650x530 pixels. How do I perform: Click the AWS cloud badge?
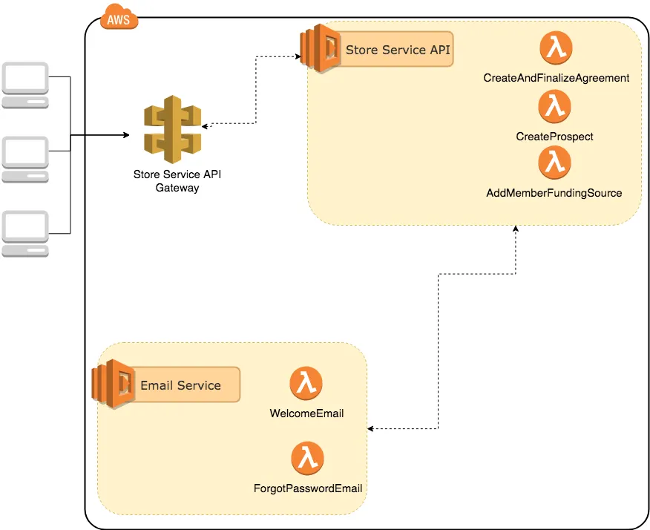pyautogui.click(x=119, y=17)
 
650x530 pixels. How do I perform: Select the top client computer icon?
pyautogui.click(x=25, y=85)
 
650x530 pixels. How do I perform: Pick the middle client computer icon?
pyautogui.click(x=25, y=160)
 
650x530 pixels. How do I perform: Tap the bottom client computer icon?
pyautogui.click(x=25, y=234)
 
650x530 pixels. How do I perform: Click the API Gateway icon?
pyautogui.click(x=172, y=129)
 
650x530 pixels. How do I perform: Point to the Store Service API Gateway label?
pyautogui.click(x=177, y=181)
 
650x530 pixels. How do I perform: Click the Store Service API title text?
pyautogui.click(x=398, y=50)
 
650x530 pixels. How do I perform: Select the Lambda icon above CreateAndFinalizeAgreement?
pyautogui.click(x=556, y=48)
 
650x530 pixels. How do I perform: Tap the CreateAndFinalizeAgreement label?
pyautogui.click(x=557, y=78)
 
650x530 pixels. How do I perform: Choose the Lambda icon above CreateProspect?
pyautogui.click(x=555, y=107)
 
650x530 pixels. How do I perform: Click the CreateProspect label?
pyautogui.click(x=555, y=137)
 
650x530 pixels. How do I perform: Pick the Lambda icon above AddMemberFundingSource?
pyautogui.click(x=555, y=163)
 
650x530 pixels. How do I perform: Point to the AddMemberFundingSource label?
pyautogui.click(x=554, y=193)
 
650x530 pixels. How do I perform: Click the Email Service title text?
pyautogui.click(x=181, y=385)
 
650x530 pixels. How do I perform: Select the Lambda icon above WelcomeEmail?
pyautogui.click(x=306, y=383)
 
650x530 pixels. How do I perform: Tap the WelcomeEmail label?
pyautogui.click(x=306, y=413)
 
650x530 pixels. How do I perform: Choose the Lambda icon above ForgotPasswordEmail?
pyautogui.click(x=308, y=458)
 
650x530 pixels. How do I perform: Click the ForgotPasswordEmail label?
pyautogui.click(x=308, y=488)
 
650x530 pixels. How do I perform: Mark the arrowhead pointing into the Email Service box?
pyautogui.click(x=370, y=428)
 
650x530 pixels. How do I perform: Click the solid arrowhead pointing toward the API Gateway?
pyautogui.click(x=126, y=135)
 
